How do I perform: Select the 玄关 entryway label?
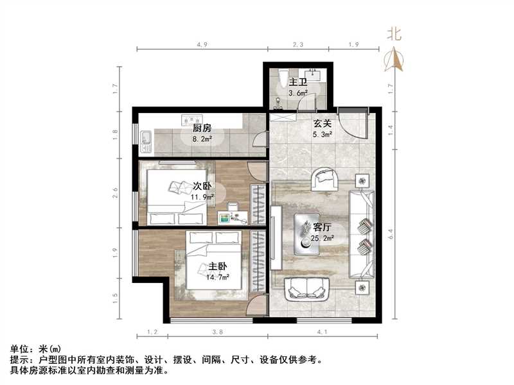(322, 124)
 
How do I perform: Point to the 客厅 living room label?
(322, 227)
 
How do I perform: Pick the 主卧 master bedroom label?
(217, 267)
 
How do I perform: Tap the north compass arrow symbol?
(394, 59)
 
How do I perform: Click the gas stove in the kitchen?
(191, 119)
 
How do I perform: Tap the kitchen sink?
(145, 137)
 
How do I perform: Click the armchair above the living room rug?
(324, 179)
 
